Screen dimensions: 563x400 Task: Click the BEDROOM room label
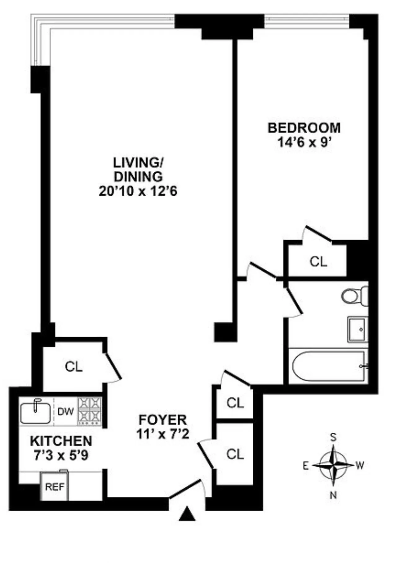tap(304, 128)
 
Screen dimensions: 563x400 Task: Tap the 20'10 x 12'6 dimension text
tap(138, 191)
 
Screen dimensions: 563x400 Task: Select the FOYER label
tap(162, 420)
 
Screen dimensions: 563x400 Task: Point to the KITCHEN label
tap(61, 441)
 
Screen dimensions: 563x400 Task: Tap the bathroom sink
tap(358, 329)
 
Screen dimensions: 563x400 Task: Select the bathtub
tap(329, 366)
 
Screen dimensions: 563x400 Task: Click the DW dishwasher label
tap(65, 411)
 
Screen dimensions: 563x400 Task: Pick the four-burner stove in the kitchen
tap(90, 411)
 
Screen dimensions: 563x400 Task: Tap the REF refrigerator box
tap(54, 487)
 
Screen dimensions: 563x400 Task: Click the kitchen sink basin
tap(35, 413)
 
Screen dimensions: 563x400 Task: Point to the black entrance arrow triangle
tap(187, 514)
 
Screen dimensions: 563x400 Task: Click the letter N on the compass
tap(333, 495)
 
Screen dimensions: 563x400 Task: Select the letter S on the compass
tap(333, 437)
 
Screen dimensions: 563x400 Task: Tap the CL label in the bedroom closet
tap(318, 262)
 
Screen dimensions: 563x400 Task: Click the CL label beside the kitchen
tap(73, 367)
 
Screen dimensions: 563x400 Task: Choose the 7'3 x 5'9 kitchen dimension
tap(61, 455)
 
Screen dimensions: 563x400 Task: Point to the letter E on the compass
tap(306, 466)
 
